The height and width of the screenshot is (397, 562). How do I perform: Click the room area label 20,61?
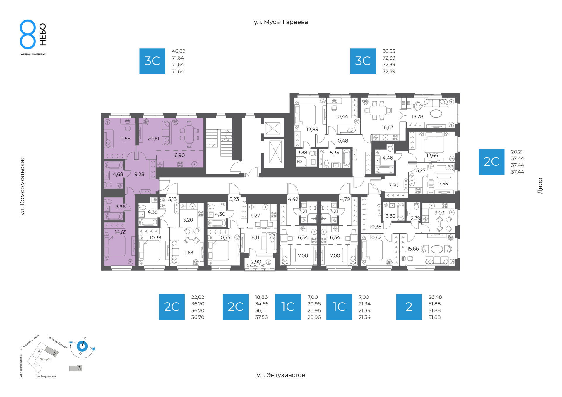(x=153, y=139)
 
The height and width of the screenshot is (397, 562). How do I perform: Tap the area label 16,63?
(x=388, y=127)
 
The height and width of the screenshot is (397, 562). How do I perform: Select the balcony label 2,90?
(x=256, y=262)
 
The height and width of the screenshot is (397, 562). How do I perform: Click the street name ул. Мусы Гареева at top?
(x=281, y=22)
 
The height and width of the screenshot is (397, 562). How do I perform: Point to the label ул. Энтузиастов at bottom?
(x=281, y=375)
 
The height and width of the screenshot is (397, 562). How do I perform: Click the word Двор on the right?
(x=540, y=186)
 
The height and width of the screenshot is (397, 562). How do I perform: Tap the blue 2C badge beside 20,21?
(x=491, y=162)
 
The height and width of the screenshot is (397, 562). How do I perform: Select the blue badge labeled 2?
(x=409, y=307)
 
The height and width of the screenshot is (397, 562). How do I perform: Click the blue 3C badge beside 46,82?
(x=152, y=61)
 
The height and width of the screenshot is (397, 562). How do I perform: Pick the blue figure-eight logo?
(x=28, y=34)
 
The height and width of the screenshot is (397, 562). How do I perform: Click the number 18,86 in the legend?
(x=261, y=297)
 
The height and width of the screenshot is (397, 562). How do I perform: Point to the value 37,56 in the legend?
(x=261, y=317)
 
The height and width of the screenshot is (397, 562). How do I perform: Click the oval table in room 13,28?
(x=436, y=114)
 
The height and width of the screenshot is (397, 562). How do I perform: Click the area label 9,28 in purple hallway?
(x=139, y=175)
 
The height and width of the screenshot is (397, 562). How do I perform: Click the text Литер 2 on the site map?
(x=45, y=360)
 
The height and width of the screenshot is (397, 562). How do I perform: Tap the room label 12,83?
(x=312, y=130)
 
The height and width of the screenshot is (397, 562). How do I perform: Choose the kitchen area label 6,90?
(x=179, y=156)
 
